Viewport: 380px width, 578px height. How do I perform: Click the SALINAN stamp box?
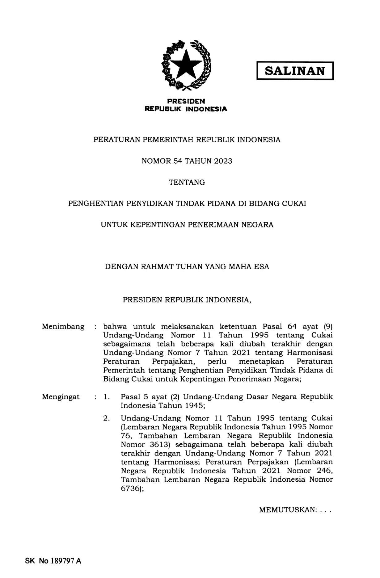pos(295,71)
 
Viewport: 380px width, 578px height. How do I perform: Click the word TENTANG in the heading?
pos(187,182)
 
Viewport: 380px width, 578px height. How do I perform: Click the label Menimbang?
pos(63,327)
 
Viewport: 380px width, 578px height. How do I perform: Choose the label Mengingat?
pos(61,397)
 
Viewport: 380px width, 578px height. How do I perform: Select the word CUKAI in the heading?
pos(294,204)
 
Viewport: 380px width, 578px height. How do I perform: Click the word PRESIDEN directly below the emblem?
pos(186,101)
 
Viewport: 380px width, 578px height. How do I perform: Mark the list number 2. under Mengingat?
pos(107,419)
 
